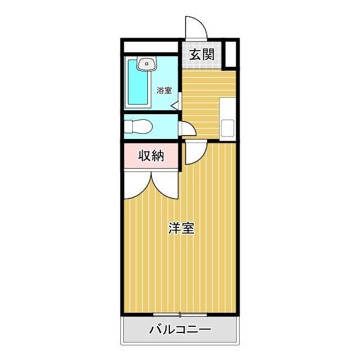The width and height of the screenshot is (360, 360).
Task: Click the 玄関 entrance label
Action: pos(201,55)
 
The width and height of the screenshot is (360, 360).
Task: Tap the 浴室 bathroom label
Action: pos(164,90)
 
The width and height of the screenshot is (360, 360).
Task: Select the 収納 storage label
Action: pos(151,156)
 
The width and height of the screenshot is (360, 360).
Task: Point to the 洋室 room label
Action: pos(182,228)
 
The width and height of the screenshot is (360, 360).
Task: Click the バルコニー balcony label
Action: pos(179,330)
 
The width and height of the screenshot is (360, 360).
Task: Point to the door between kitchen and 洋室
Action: pos(195,152)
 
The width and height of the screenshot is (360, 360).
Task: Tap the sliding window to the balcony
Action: pos(180,313)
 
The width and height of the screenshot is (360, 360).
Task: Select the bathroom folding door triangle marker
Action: pos(175,105)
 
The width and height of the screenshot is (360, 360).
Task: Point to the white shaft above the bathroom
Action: pos(151,46)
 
